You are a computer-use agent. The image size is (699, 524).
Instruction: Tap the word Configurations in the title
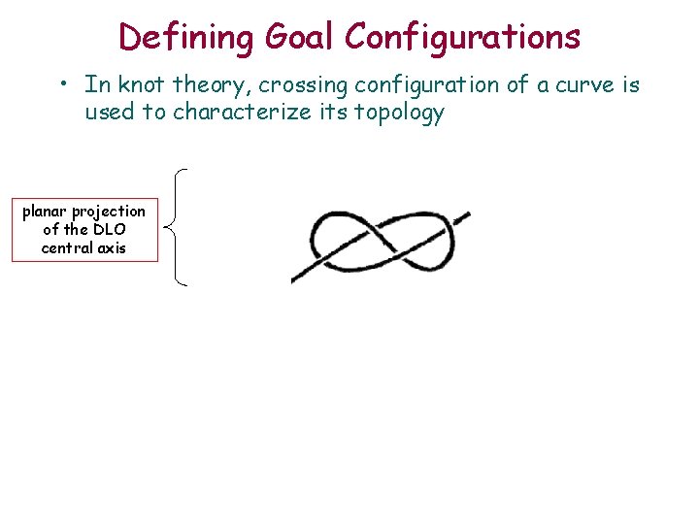[463, 37]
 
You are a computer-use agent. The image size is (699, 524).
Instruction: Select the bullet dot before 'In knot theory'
[61, 85]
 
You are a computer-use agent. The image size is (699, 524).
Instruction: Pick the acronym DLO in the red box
[111, 230]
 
